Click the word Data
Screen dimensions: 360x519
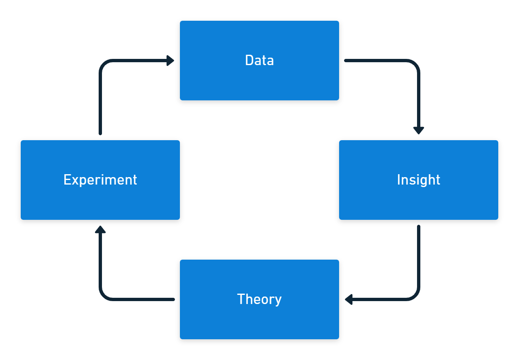[x=259, y=61]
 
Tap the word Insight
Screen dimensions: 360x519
[x=418, y=180]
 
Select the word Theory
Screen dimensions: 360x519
[x=259, y=299]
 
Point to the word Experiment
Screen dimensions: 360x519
[x=100, y=180]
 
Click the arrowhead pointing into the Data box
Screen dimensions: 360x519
[x=170, y=61]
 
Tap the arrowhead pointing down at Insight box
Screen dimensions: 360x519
[x=419, y=130]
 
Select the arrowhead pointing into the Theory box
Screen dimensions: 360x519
[x=349, y=299]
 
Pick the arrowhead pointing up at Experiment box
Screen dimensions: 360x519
[x=100, y=229]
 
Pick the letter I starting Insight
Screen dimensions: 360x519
[x=398, y=180]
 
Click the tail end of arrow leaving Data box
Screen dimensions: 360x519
[x=346, y=61]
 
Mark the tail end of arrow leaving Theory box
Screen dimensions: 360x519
[x=173, y=299]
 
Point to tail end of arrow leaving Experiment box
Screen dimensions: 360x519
[x=100, y=133]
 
